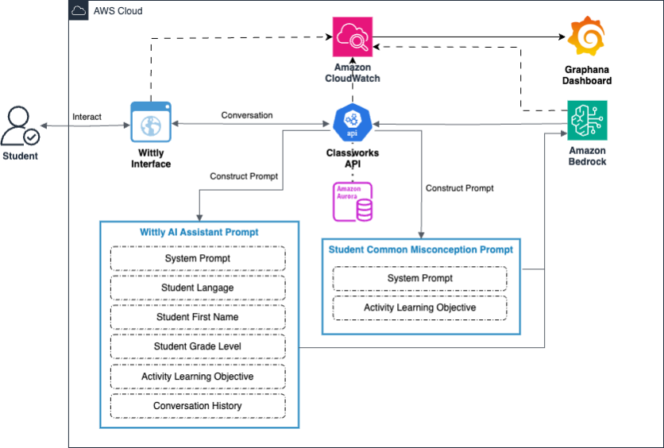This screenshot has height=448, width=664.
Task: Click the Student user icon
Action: click(20, 126)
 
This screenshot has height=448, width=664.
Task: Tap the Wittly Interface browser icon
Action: click(151, 122)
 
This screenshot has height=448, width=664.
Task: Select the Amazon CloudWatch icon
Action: click(353, 37)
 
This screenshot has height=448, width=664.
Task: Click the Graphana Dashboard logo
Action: click(586, 37)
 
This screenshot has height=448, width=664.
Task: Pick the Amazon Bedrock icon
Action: click(587, 120)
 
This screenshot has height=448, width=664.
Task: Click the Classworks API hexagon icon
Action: click(353, 122)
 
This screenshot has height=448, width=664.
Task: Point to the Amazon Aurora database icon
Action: click(353, 202)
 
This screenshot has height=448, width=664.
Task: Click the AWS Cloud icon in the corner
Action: click(79, 10)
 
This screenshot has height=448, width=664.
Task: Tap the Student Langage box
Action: click(198, 288)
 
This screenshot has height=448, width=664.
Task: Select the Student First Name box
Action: click(198, 317)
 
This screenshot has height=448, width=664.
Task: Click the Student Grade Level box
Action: click(198, 346)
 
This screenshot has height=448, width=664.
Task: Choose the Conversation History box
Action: click(198, 406)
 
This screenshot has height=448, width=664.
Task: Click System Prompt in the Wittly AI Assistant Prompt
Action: click(198, 258)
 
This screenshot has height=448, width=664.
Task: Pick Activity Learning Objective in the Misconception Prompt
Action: click(419, 308)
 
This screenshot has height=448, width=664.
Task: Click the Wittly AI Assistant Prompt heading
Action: click(199, 232)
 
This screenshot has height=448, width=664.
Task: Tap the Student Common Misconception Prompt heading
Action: click(421, 250)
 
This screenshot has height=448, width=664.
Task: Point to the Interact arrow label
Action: click(87, 117)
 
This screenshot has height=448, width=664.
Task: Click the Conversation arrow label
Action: click(247, 115)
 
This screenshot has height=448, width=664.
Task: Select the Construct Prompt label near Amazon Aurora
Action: click(459, 188)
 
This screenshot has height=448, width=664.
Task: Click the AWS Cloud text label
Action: click(118, 11)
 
